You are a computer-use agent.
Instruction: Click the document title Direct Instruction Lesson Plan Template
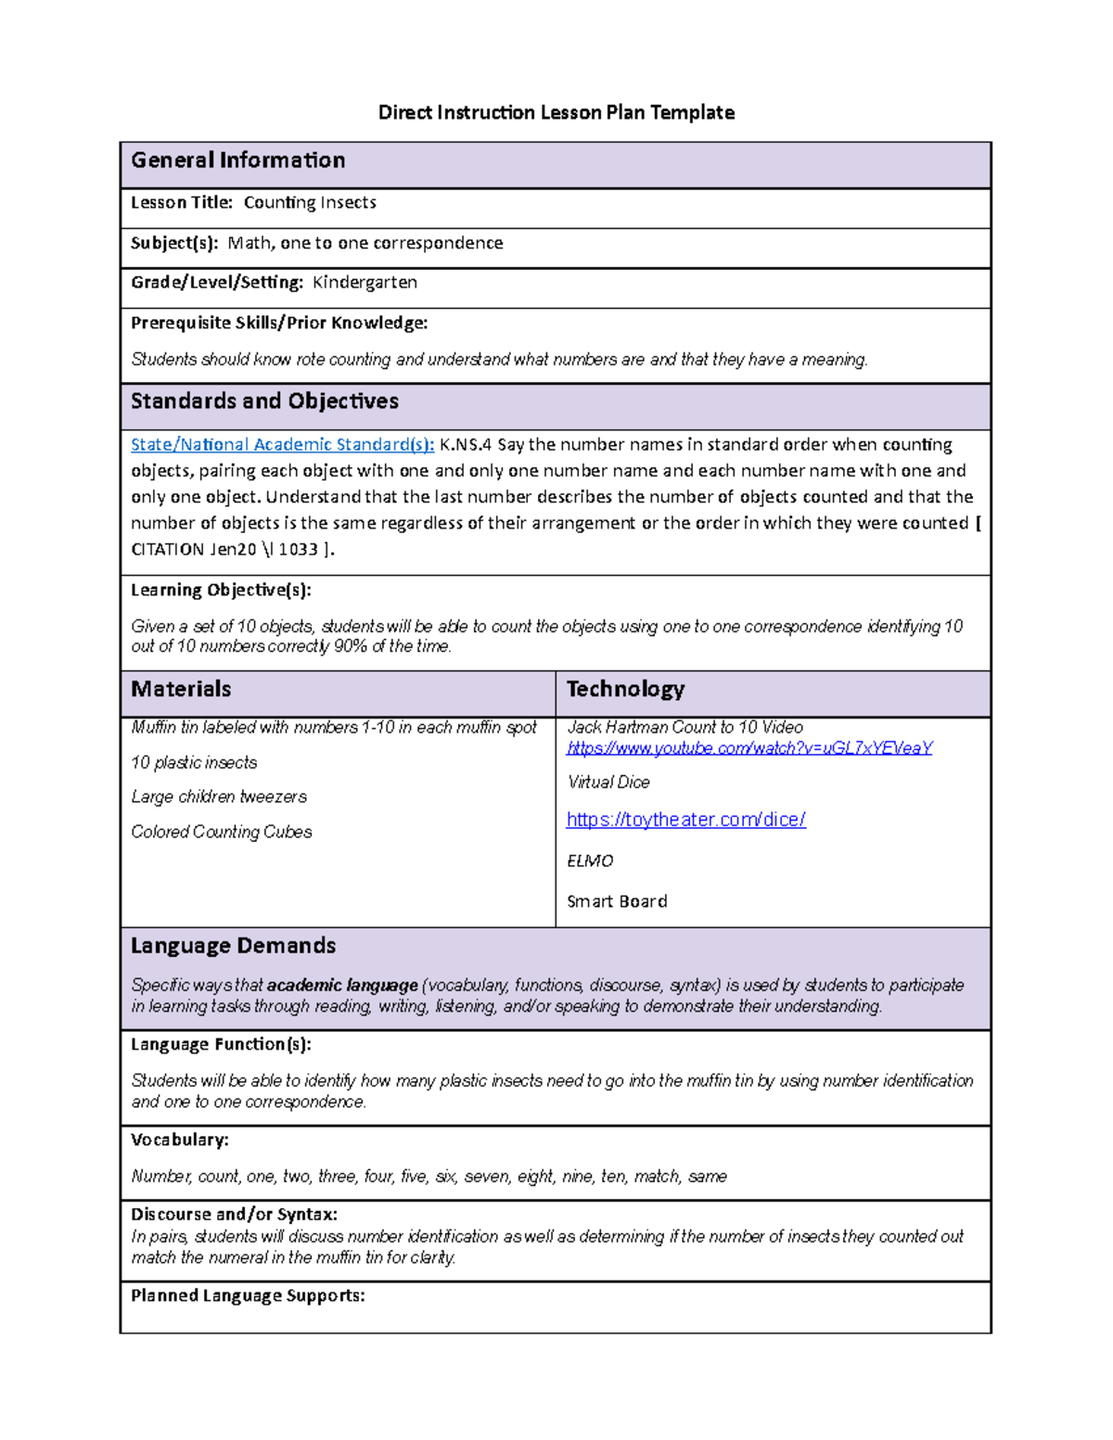556,113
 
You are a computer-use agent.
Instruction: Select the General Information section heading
237,160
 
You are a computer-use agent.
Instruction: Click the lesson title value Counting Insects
310,203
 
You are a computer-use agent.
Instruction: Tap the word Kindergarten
365,283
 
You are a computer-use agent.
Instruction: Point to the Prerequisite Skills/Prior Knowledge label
279,323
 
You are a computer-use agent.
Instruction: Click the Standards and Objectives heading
264,401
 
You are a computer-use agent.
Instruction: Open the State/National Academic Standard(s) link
282,445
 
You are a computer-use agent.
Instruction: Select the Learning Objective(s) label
221,590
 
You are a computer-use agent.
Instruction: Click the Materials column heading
181,689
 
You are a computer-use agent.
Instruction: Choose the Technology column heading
625,689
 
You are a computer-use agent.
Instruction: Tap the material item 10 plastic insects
194,763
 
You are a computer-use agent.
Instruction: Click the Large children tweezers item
219,797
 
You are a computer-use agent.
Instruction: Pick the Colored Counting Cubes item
222,833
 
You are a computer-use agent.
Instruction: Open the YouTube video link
749,748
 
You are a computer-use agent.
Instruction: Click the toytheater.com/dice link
685,820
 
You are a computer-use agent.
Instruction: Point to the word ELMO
590,861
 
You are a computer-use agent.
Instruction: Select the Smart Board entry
617,901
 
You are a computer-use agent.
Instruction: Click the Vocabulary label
179,1140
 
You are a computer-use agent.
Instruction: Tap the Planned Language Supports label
248,1296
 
